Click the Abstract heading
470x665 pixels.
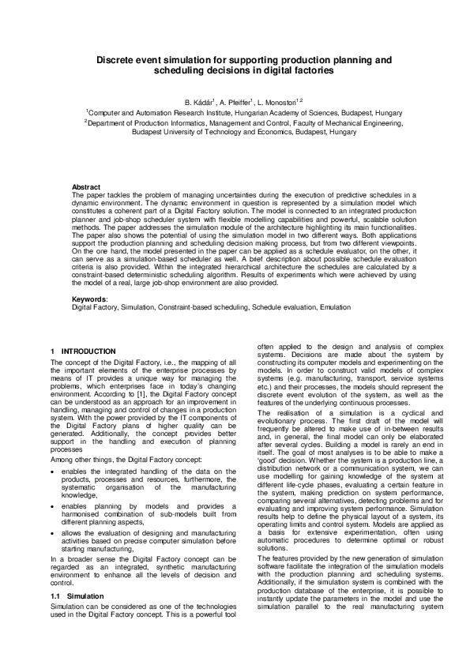(x=86, y=186)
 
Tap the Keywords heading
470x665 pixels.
(x=89, y=299)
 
